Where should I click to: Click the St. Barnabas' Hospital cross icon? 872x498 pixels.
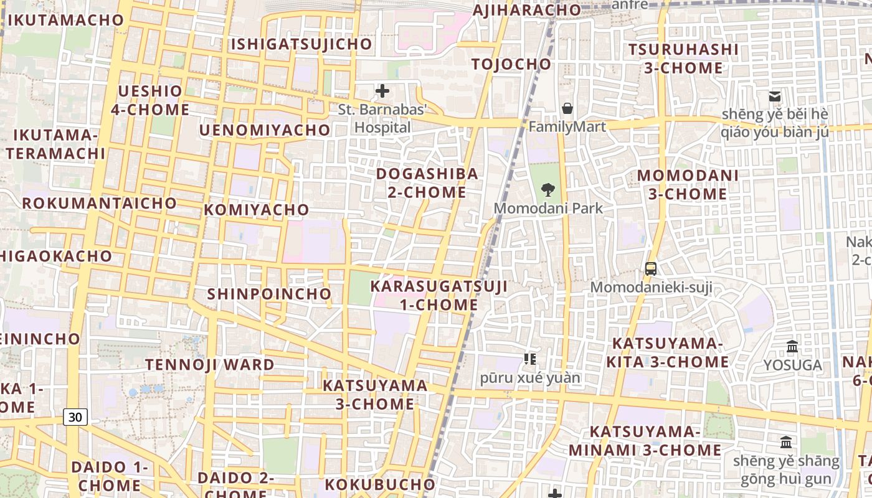[382, 92]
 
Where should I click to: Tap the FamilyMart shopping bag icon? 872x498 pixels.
[567, 108]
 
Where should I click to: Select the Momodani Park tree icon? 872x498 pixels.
[548, 189]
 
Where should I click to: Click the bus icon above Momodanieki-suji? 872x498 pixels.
[651, 269]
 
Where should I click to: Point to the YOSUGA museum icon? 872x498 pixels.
[792, 346]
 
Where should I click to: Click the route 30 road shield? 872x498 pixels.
[75, 417]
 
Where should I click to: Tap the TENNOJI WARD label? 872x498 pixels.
[210, 365]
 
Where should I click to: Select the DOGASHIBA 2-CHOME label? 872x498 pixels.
[427, 183]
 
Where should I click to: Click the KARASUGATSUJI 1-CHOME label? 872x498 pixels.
[439, 296]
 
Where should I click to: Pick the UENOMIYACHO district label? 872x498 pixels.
[265, 130]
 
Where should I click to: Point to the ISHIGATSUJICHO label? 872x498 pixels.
[301, 44]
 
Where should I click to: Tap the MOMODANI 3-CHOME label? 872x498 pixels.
[688, 185]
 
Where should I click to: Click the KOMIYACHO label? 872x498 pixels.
[257, 210]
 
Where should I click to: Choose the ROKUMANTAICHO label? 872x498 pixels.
[100, 204]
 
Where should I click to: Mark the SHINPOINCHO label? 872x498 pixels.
[270, 294]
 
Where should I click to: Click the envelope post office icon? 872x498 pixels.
[775, 96]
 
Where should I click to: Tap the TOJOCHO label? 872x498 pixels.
[511, 64]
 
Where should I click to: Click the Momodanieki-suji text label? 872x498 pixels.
[651, 288]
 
